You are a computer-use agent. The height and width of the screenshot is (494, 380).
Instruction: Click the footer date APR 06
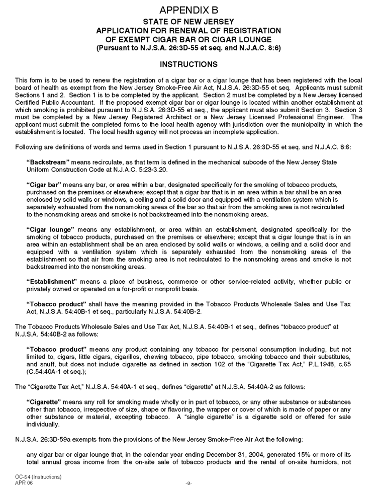(x=24, y=482)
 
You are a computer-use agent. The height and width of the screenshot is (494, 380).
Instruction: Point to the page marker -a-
(x=188, y=482)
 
